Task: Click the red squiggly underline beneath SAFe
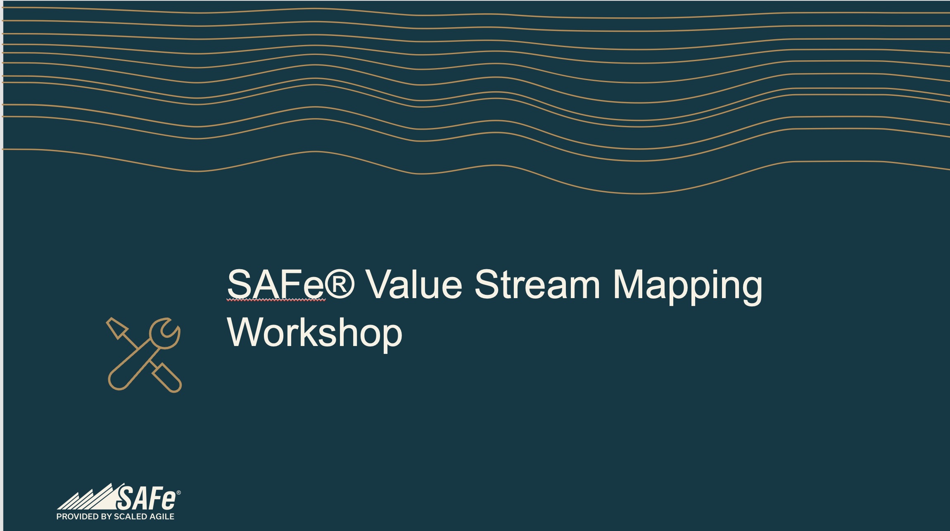[276, 300]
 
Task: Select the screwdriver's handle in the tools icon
[167, 378]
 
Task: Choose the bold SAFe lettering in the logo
[146, 498]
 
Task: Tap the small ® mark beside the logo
[178, 493]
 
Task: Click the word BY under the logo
[107, 517]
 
